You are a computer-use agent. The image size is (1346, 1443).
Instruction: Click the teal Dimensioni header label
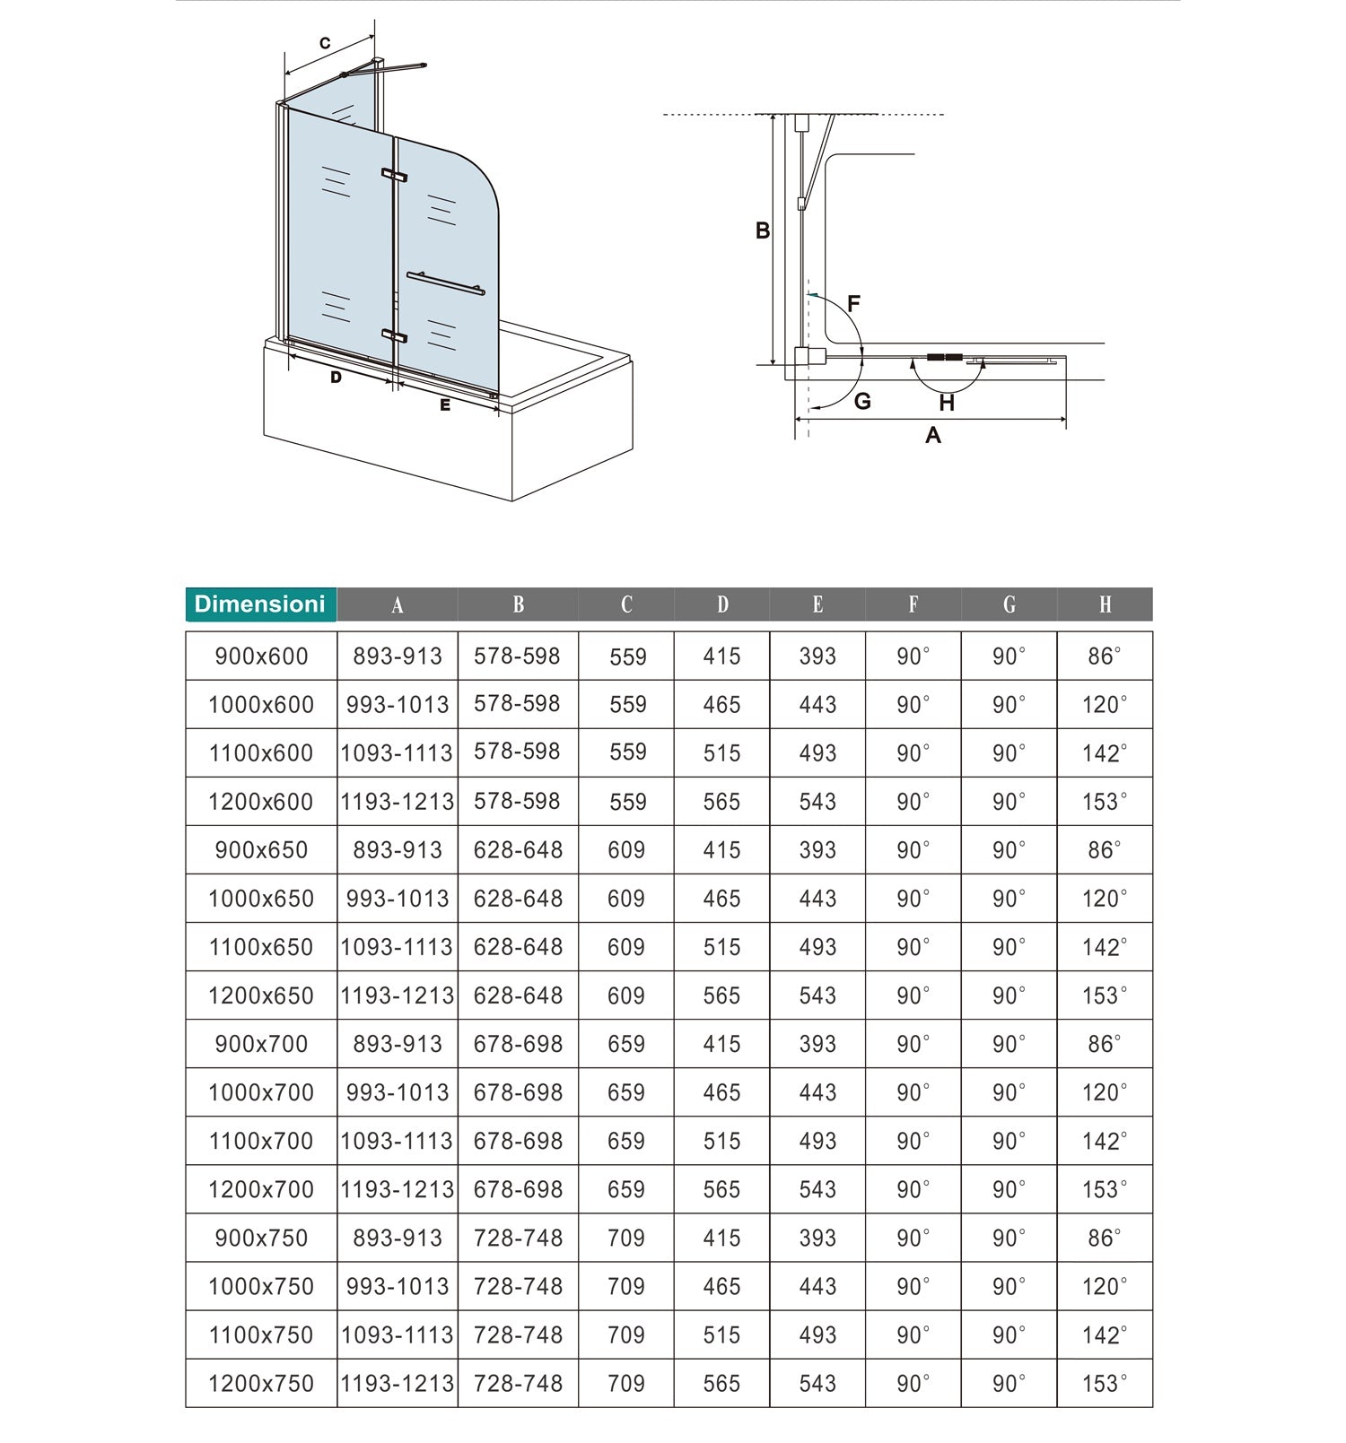[260, 604]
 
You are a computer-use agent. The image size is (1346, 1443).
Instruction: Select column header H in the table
[1105, 605]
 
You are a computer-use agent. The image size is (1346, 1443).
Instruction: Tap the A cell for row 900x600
[398, 656]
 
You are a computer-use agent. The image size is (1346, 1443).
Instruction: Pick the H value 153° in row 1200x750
[1105, 1383]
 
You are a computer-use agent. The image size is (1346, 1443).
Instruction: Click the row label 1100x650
[261, 947]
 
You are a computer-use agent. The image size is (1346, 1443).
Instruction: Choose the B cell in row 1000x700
[518, 1092]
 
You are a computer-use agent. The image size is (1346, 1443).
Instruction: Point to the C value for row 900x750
[626, 1238]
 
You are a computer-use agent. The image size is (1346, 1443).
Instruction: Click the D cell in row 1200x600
[721, 802]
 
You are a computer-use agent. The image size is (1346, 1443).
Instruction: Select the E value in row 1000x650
[817, 899]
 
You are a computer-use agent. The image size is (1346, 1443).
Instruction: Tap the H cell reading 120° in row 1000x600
[1105, 705]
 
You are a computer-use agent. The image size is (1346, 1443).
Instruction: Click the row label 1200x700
[261, 1189]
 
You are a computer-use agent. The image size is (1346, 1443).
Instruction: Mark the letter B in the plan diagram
[763, 231]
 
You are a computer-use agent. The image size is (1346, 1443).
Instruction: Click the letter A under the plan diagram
[933, 436]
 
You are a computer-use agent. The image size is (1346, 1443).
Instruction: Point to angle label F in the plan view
[853, 303]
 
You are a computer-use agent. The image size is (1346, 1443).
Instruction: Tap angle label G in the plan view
[862, 402]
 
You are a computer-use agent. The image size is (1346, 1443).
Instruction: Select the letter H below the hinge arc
[947, 404]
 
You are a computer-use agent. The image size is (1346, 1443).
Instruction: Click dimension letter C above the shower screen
[325, 43]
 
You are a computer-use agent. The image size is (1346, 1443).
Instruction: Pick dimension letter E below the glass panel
[445, 405]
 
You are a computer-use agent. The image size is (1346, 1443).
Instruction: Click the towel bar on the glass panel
[445, 283]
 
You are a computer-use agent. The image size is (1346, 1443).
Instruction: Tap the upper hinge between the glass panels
[394, 175]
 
